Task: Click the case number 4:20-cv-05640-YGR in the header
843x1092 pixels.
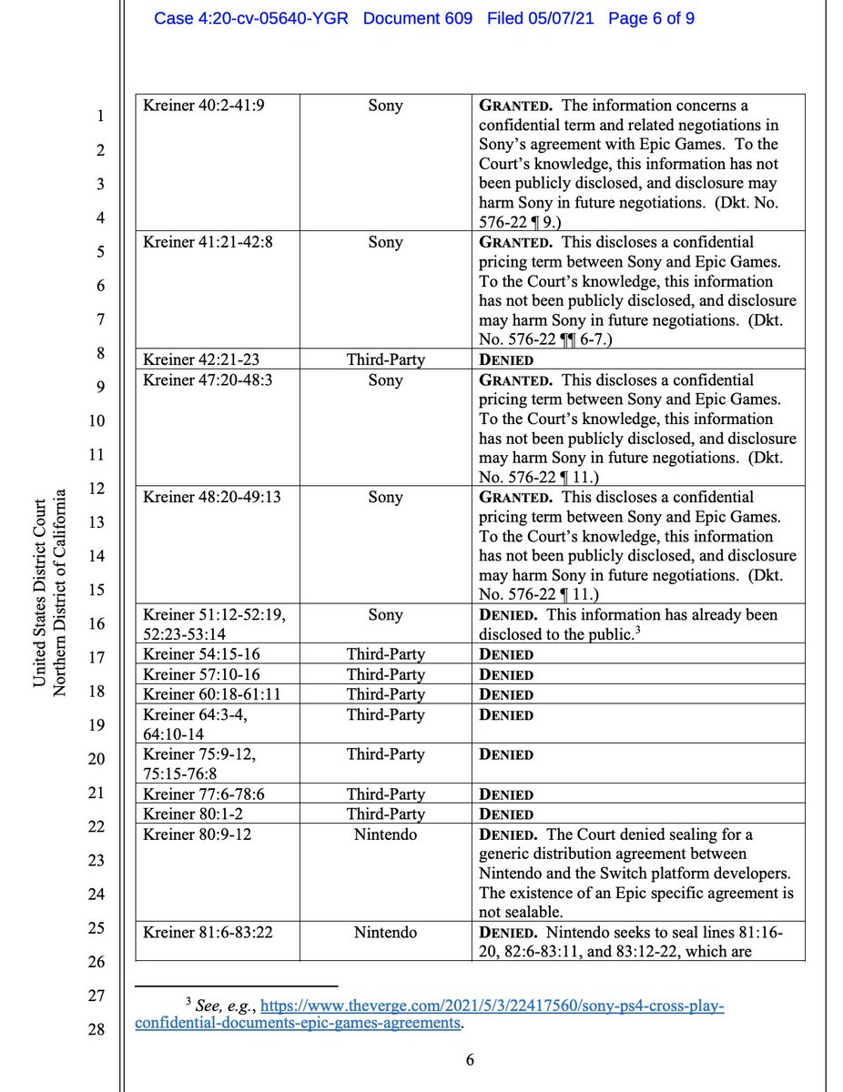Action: (250, 18)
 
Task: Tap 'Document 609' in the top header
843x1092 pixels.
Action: (418, 18)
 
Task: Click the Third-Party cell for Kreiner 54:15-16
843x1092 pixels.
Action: (385, 654)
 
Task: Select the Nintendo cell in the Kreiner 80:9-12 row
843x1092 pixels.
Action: (385, 834)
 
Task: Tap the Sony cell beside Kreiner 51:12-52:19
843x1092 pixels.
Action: (385, 615)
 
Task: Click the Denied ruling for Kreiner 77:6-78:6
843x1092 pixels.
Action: (506, 794)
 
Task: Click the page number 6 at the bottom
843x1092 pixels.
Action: (470, 1059)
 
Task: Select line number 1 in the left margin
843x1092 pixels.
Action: (101, 116)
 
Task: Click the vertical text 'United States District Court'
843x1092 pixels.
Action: (40, 594)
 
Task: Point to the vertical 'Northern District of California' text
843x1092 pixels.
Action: (59, 594)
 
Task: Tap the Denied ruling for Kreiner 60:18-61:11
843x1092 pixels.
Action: (506, 694)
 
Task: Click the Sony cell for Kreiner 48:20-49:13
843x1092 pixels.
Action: (385, 498)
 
